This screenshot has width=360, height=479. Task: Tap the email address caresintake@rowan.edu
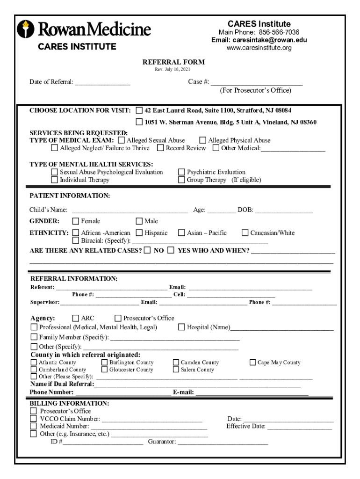[x=259, y=40]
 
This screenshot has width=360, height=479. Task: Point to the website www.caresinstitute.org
[x=259, y=48]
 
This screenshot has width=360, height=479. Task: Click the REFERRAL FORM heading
[x=173, y=62]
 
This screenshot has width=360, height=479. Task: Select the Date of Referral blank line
[x=102, y=83]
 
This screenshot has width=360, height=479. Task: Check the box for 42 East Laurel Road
[x=139, y=111]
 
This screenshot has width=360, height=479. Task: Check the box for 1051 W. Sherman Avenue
[x=139, y=123]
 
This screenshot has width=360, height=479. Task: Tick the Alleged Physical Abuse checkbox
[x=203, y=140]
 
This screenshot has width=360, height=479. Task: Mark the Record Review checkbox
[x=160, y=148]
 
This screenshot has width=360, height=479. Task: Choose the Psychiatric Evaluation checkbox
[x=181, y=172]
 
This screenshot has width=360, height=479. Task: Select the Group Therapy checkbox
[x=181, y=180]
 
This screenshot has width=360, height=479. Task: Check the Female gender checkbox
[x=76, y=221]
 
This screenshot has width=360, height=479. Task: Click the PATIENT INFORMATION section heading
[x=70, y=196]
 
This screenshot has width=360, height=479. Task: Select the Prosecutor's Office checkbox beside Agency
[x=118, y=319]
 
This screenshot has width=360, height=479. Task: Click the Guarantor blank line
[x=223, y=442]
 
